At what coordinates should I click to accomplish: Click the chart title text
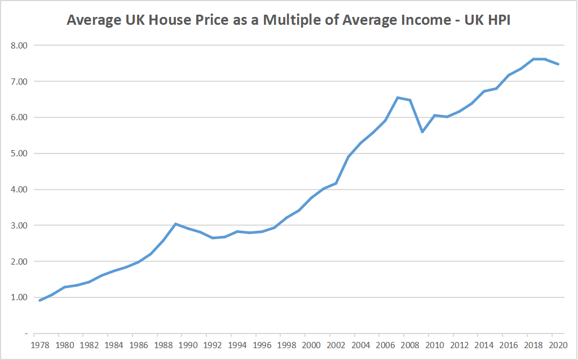(x=288, y=20)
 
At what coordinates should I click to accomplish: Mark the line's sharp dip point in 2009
(x=422, y=132)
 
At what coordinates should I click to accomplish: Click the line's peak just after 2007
(x=398, y=98)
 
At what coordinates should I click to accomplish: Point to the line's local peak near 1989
(x=175, y=224)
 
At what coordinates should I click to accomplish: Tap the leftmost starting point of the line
(x=39, y=300)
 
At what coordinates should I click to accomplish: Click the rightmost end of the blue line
(x=558, y=64)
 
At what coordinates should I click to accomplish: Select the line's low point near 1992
(x=213, y=238)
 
